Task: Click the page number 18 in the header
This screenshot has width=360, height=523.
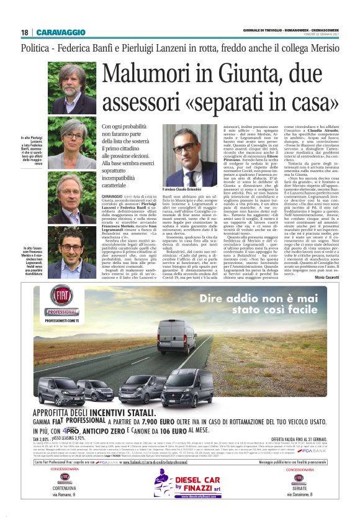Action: tap(24, 32)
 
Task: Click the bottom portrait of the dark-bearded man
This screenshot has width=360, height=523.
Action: tap(73, 256)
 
